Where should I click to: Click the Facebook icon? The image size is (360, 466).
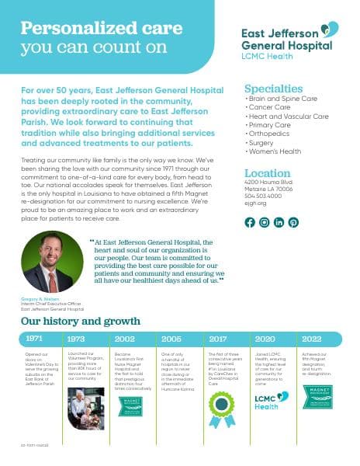250,222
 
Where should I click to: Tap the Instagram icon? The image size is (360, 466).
265,222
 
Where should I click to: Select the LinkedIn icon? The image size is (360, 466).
279,222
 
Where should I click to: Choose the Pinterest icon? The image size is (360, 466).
294,222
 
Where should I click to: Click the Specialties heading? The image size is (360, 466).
273,89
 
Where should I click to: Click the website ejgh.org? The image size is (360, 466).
255,203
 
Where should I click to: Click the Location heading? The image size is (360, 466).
268,173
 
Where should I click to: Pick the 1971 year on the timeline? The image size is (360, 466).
34,339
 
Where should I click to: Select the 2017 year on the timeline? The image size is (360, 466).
218,339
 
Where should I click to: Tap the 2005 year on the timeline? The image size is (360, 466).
171,339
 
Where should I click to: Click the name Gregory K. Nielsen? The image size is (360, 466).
38,299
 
